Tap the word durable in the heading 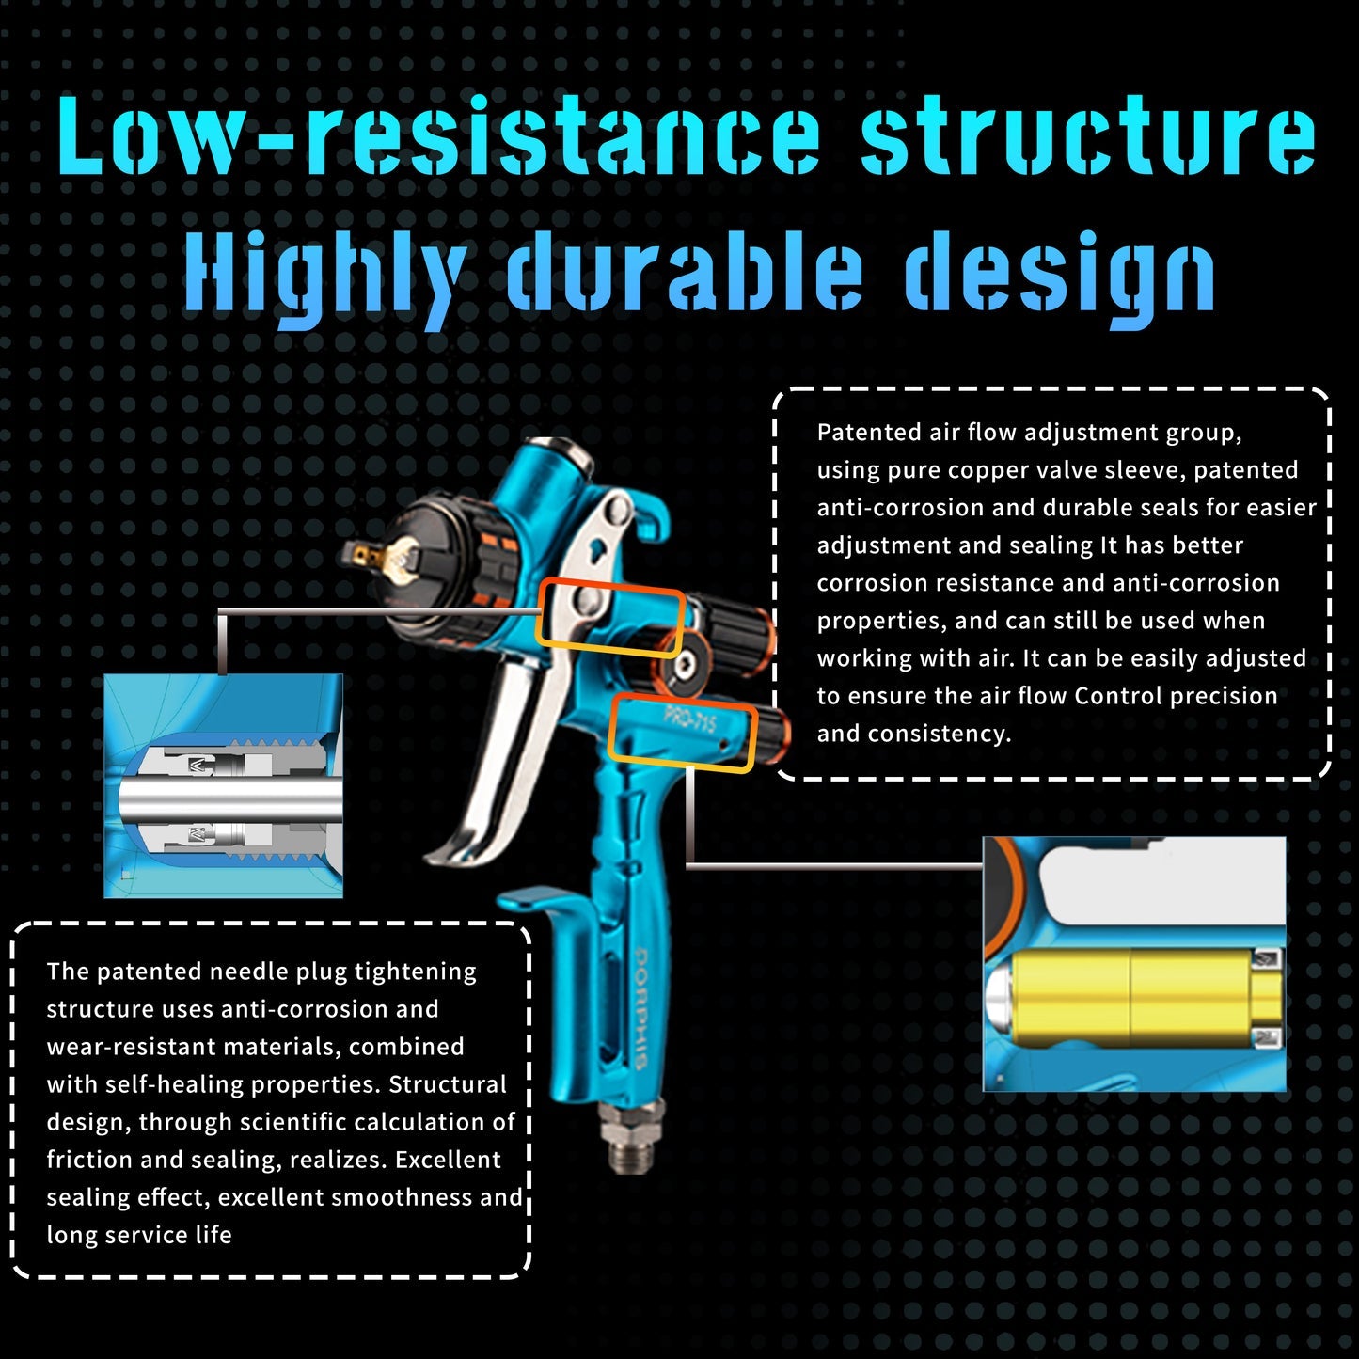click(x=684, y=272)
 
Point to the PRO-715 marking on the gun click(x=689, y=721)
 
